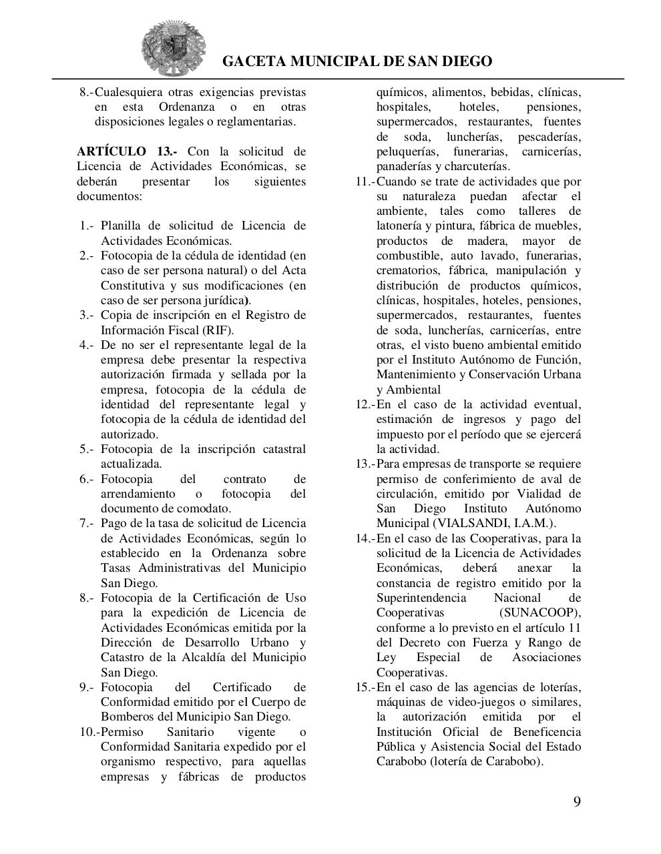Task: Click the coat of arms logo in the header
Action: pos(174,47)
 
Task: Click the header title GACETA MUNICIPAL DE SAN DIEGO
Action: pos(357,61)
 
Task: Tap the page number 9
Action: pos(576,801)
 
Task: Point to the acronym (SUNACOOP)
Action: pos(539,612)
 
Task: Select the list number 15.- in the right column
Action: pos(365,687)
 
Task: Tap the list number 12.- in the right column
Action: pos(365,404)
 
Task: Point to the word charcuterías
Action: pos(477,167)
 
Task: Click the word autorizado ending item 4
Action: pos(128,434)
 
